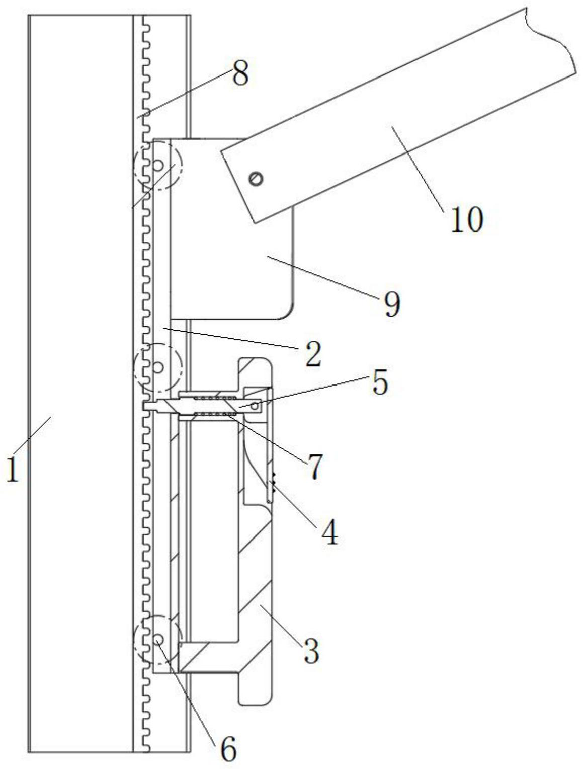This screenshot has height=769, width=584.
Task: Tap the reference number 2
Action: pyautogui.click(x=312, y=355)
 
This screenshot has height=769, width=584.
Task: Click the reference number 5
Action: pyautogui.click(x=380, y=383)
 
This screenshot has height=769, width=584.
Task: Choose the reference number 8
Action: pyautogui.click(x=240, y=74)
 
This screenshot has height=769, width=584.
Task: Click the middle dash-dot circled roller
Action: pyautogui.click(x=158, y=368)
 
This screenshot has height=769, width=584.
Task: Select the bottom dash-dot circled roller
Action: pyautogui.click(x=158, y=639)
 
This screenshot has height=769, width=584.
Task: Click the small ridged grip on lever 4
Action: pyautogui.click(x=274, y=481)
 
